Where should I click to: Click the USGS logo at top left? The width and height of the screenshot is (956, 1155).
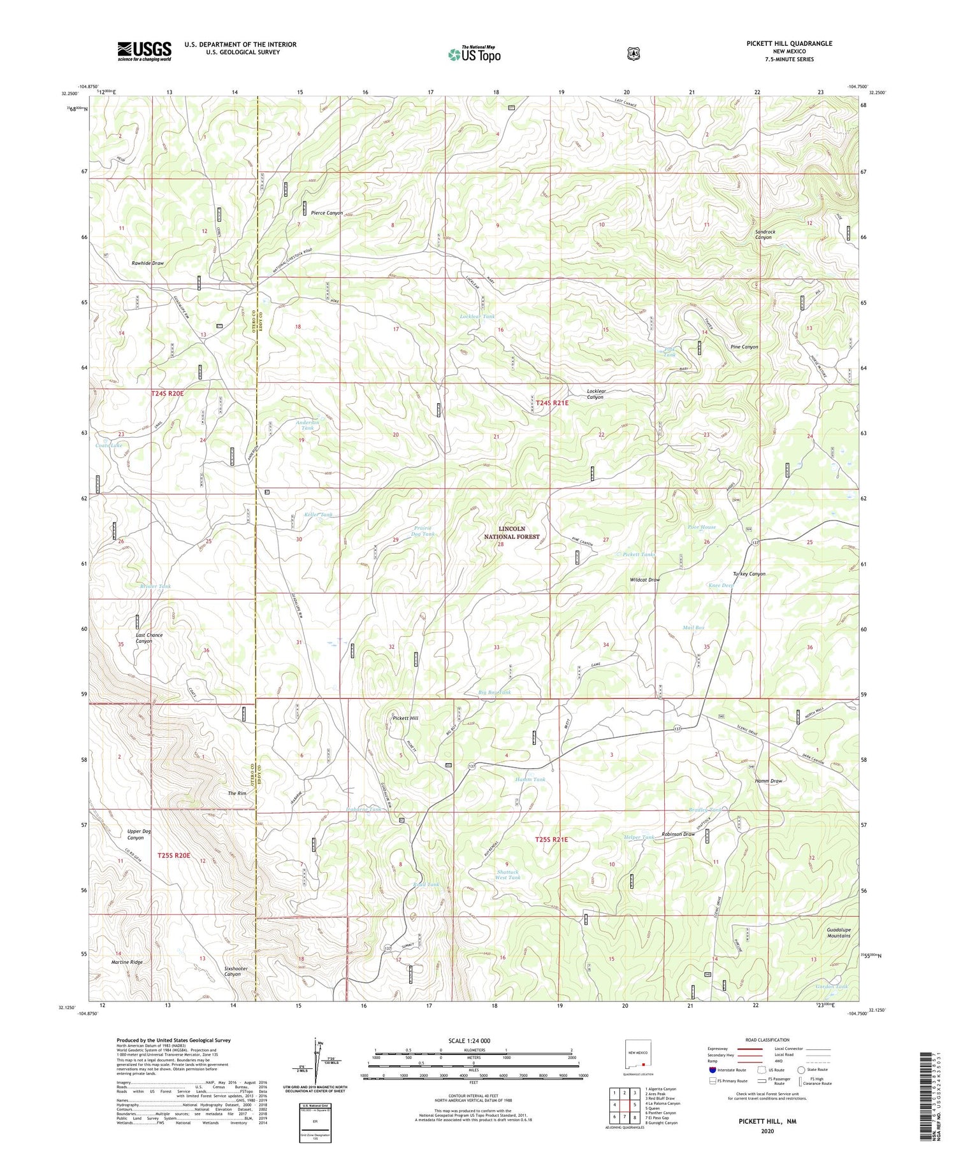[x=144, y=51]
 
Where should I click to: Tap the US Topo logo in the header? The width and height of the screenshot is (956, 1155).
[x=474, y=54]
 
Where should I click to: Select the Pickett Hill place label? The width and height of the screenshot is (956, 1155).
[x=405, y=718]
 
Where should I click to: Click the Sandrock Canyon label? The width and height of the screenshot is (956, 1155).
[x=765, y=234]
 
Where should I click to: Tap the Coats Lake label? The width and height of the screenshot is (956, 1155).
[x=109, y=445]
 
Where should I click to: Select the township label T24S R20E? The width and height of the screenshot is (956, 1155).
[x=167, y=394]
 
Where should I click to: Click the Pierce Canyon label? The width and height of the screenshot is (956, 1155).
[x=326, y=213]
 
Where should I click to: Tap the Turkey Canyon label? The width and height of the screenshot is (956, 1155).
[x=749, y=573]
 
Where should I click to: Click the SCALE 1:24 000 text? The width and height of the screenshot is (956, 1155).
[x=473, y=1040]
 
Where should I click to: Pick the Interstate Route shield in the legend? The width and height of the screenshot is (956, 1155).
[x=713, y=1070]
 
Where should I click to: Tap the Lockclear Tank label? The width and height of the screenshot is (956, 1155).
[x=477, y=317]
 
